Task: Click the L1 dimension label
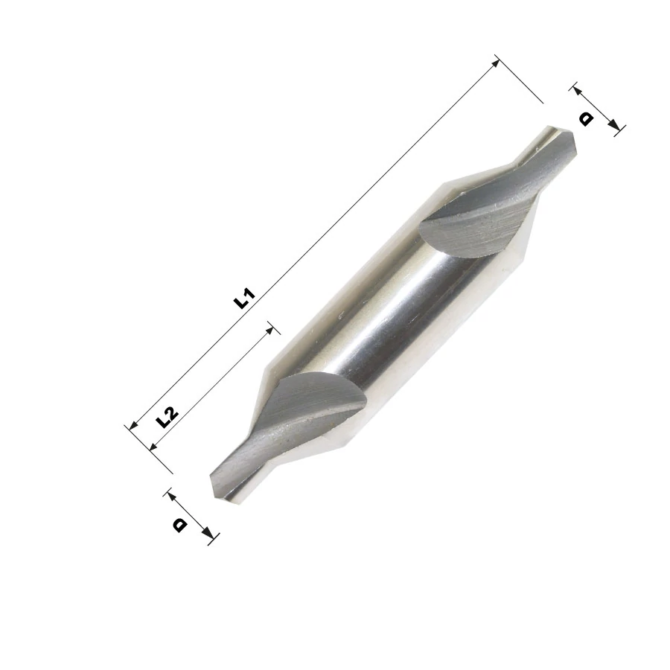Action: [244, 299]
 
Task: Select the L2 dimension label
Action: [166, 417]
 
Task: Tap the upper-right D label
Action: [586, 119]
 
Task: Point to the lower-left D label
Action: [179, 525]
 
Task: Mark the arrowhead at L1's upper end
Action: [495, 63]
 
